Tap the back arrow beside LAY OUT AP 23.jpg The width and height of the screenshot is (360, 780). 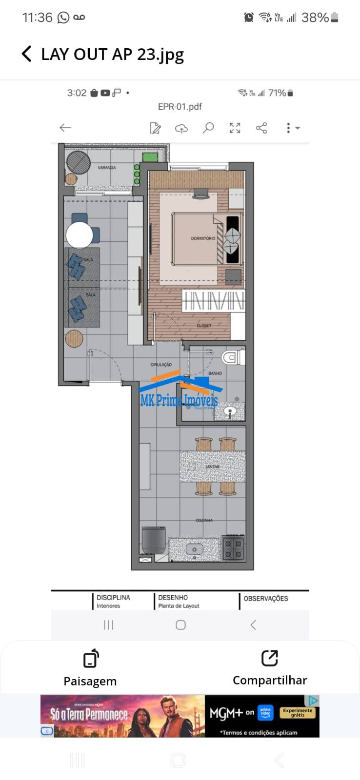point(27,54)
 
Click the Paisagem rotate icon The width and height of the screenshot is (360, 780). point(91,658)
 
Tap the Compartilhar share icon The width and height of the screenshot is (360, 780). point(269,658)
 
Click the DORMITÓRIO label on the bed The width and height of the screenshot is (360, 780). point(203,238)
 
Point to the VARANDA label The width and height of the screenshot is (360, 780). point(107,168)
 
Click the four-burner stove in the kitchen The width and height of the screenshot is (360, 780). point(233,548)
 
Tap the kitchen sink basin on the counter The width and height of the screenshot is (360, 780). point(194,549)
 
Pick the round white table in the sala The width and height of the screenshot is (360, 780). point(80,235)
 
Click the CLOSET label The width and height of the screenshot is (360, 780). point(204,325)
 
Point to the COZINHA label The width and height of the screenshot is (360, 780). point(204,520)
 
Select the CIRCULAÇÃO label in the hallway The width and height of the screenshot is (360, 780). point(161,365)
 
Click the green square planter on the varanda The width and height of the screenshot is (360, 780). point(149,157)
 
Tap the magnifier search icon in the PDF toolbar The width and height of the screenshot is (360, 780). point(208,128)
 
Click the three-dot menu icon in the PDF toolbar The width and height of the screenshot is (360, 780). point(288,128)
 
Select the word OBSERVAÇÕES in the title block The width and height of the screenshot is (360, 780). point(266,598)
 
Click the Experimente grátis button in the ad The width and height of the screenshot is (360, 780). point(298,712)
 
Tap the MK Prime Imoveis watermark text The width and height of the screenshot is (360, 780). point(179,401)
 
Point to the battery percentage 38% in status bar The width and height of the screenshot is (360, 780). point(315,18)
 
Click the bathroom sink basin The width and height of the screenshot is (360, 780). point(231,412)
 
